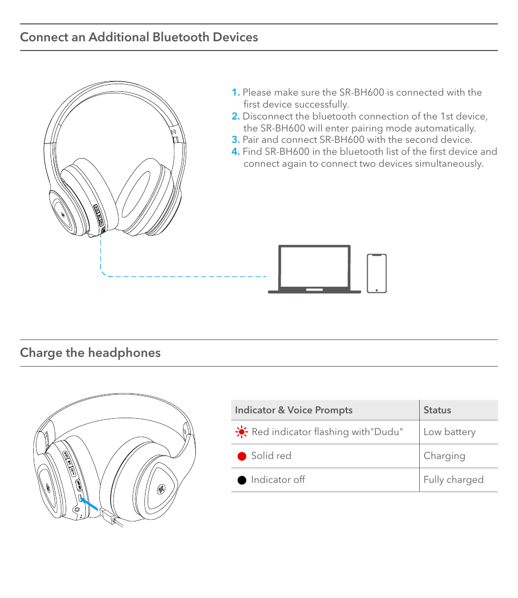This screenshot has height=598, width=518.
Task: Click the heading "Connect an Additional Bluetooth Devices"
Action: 139,37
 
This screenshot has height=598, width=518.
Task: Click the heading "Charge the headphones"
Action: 90,352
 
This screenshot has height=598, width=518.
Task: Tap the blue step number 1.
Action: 235,92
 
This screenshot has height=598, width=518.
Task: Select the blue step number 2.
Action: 235,116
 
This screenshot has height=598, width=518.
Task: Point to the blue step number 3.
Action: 235,140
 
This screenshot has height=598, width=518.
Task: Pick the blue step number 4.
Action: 235,152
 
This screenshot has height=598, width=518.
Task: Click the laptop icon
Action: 314,269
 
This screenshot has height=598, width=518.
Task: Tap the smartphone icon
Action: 377,273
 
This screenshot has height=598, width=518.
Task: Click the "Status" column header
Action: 437,410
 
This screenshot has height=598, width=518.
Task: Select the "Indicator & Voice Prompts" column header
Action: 294,410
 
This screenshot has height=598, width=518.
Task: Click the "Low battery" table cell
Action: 449,432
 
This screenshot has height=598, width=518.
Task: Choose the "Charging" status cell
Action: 444,456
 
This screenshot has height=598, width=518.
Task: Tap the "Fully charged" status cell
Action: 453,480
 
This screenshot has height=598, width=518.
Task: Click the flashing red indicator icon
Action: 242,432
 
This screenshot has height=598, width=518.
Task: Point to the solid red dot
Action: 242,456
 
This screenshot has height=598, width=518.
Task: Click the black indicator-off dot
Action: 242,480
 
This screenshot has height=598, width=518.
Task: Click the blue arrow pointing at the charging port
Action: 91,505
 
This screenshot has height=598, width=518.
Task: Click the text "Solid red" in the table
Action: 271,456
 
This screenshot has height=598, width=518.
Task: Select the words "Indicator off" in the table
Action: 277,480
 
